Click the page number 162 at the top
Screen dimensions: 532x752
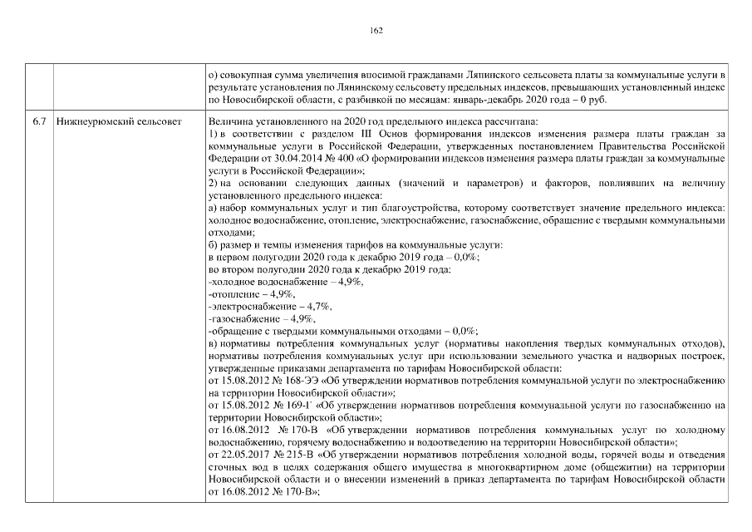click(376, 31)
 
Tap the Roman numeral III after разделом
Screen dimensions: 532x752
click(344, 133)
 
